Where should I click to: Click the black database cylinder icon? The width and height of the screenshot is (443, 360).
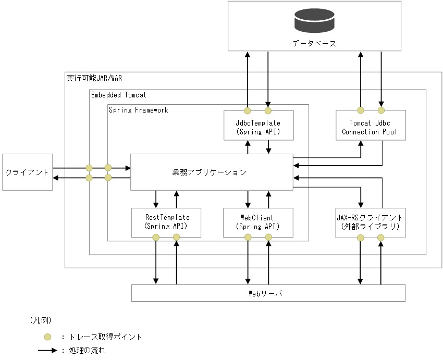314,20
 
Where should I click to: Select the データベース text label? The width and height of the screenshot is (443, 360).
314,43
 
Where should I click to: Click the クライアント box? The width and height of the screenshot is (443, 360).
27,172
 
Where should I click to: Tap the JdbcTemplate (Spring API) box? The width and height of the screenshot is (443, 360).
258,127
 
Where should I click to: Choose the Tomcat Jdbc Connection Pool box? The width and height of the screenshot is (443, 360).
370,127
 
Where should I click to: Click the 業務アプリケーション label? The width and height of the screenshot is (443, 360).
209,172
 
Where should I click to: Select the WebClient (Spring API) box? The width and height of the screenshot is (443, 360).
258,222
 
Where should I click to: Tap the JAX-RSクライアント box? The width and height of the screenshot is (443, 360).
370,222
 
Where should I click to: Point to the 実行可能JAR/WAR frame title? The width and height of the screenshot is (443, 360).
94,78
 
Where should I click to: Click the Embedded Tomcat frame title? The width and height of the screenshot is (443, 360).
119,95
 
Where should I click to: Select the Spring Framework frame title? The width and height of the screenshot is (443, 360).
139,110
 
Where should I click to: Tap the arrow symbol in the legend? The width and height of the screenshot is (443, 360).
47,351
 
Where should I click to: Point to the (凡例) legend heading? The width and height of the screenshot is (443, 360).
40,320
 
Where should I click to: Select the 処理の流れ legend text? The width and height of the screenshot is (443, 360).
87,351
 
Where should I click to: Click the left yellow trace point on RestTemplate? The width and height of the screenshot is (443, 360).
155,238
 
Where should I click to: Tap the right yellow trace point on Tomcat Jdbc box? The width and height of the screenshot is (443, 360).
381,110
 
